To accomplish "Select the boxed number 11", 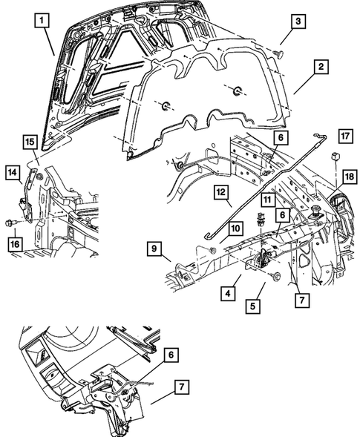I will pyautogui.click(x=266, y=200).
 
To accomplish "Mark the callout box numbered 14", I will pyautogui.click(x=14, y=174).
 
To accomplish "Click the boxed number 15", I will pyautogui.click(x=29, y=141).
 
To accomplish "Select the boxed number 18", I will pyautogui.click(x=349, y=176).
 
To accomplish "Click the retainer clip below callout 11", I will pyautogui.click(x=261, y=220).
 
